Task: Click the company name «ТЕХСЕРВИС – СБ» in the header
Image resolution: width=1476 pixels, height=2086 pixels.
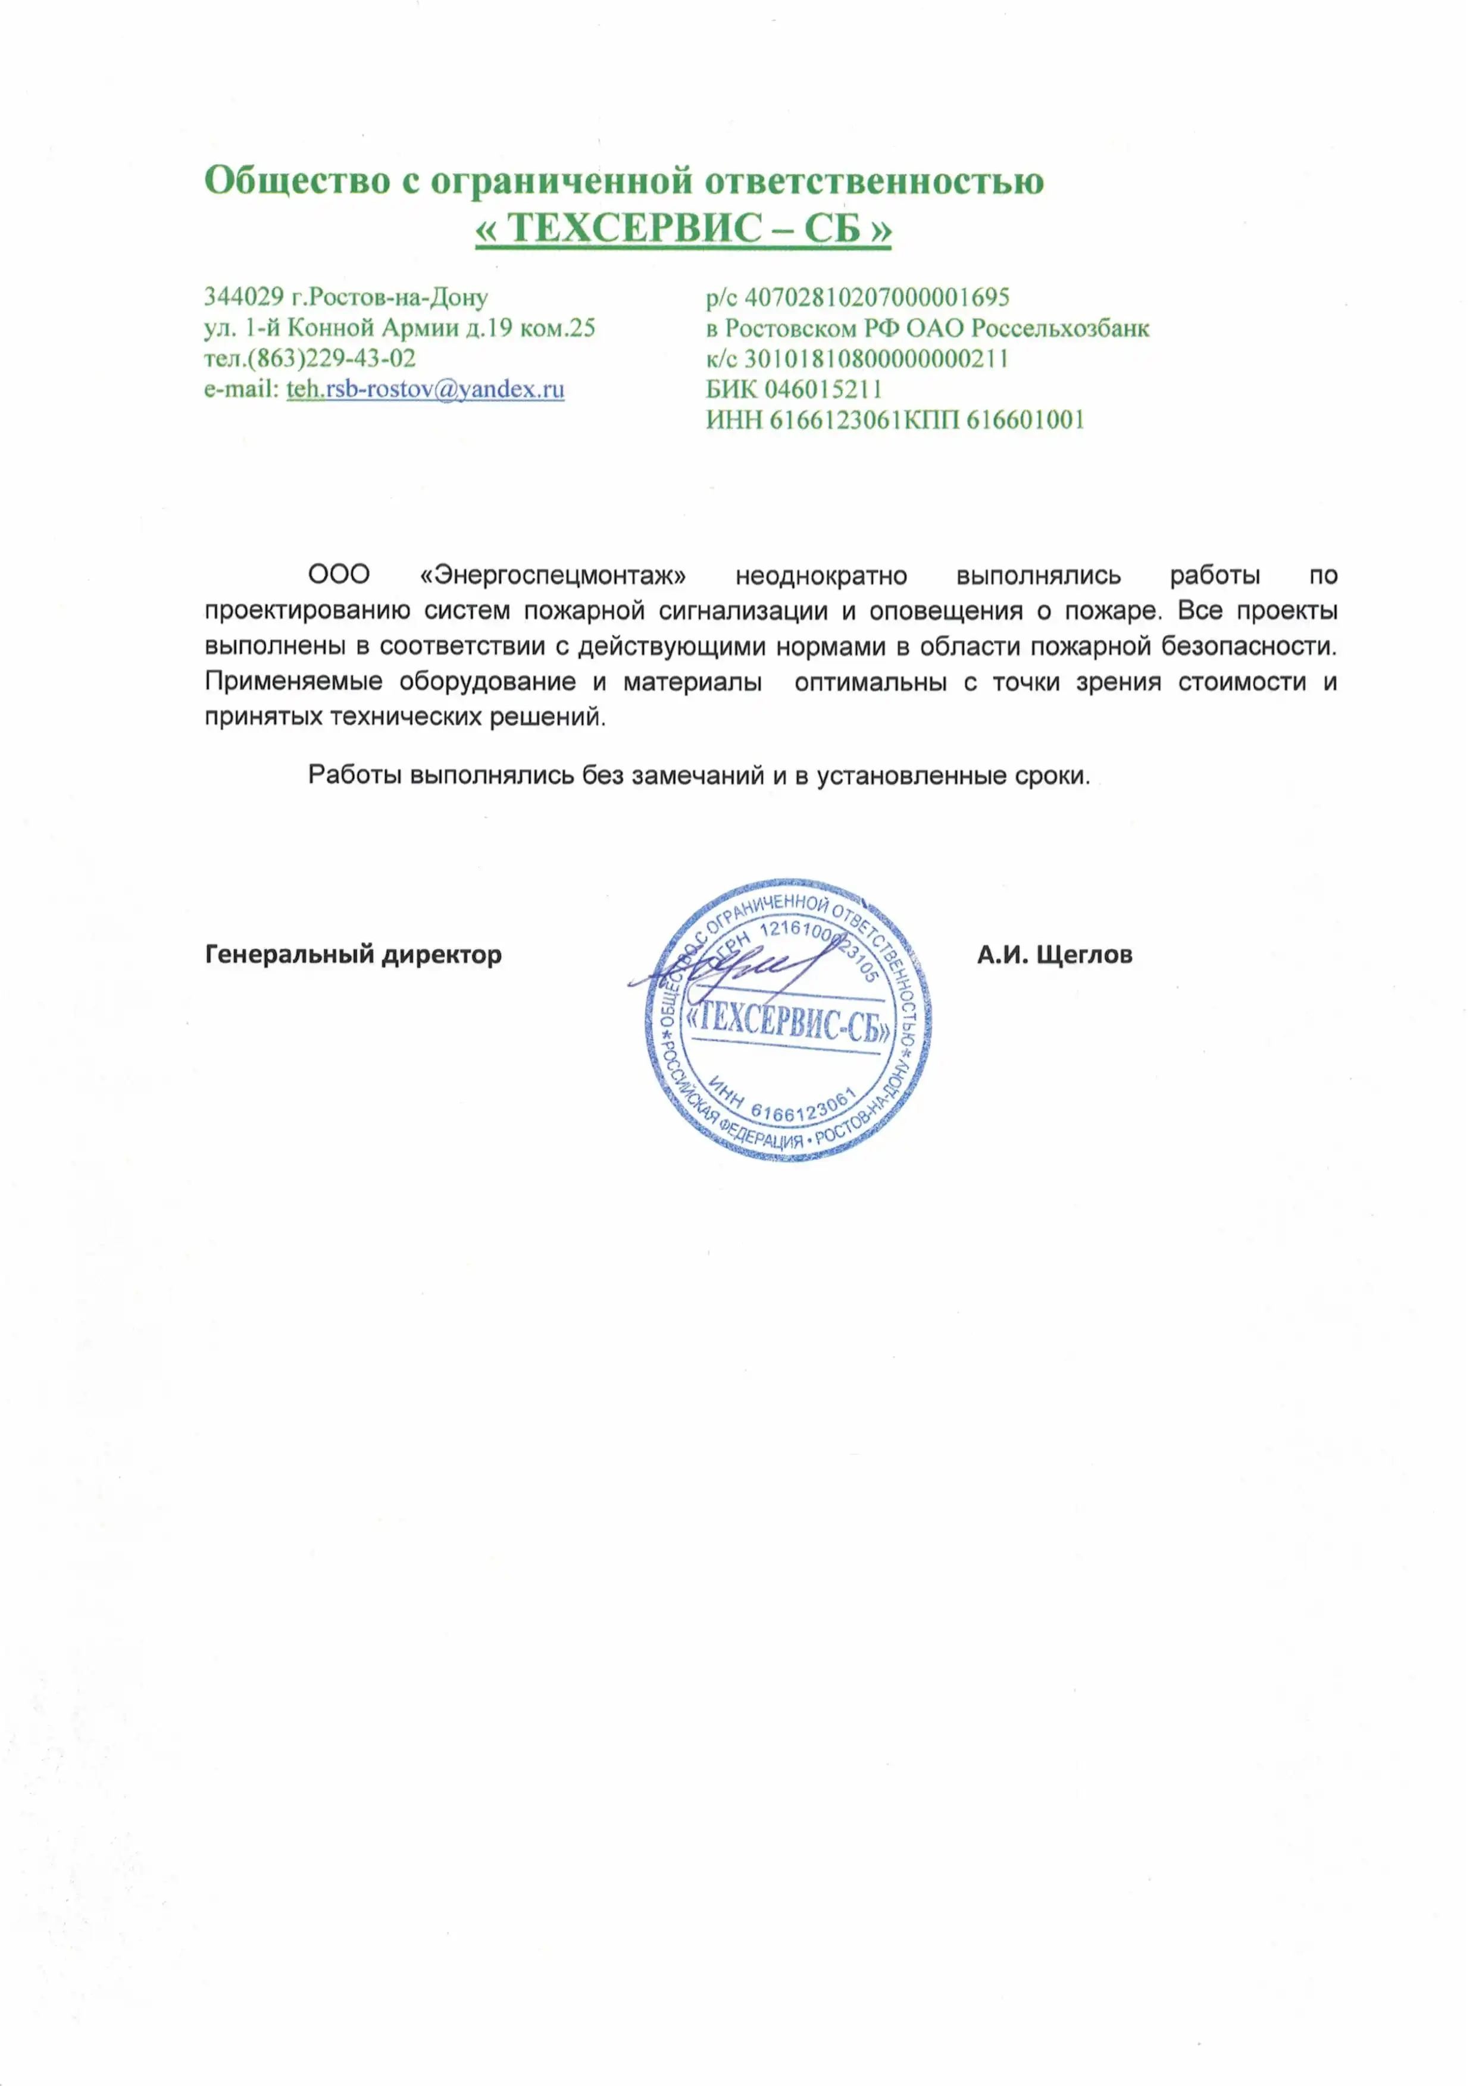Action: [x=683, y=228]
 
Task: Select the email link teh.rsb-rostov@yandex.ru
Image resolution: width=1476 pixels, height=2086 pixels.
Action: [x=426, y=389]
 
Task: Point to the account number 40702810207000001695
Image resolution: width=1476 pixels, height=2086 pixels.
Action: [x=877, y=297]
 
